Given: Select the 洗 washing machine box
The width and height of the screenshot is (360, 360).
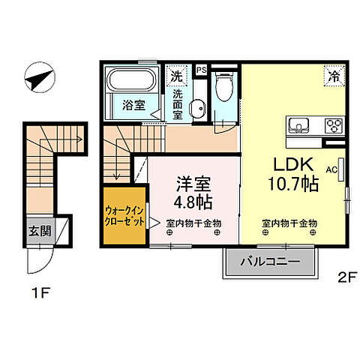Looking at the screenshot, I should tap(176, 76).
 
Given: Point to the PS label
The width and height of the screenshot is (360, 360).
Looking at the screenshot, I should tap(200, 70).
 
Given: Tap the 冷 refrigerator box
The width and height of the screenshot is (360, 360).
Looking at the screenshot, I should tap(333, 75).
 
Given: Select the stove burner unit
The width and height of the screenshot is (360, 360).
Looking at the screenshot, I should tap(332, 125).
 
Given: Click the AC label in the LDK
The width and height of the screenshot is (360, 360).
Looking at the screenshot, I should tap(331, 169).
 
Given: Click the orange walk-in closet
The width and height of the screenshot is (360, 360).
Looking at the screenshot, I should tap(125, 217).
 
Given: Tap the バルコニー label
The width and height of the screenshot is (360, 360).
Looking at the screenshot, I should tap(270, 262).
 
